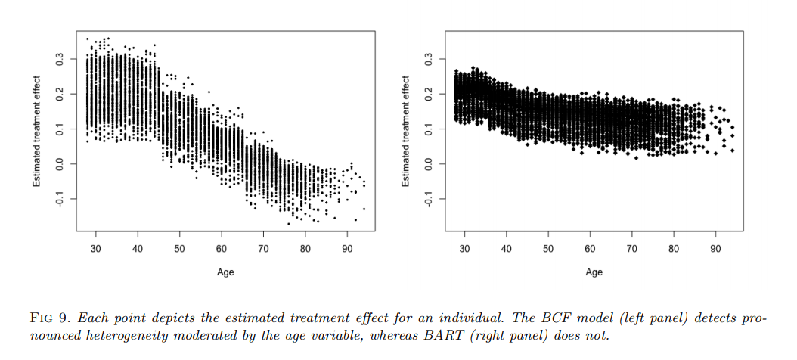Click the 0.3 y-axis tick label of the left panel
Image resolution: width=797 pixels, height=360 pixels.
coord(60,58)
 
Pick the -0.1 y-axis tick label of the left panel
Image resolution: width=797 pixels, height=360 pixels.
coord(60,198)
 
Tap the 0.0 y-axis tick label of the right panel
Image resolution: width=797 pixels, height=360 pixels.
coord(429,163)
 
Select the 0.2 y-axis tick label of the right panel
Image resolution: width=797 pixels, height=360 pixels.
coord(429,94)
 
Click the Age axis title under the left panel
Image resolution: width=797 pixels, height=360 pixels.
coord(225,272)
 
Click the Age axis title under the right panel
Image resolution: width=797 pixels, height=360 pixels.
coord(594,272)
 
